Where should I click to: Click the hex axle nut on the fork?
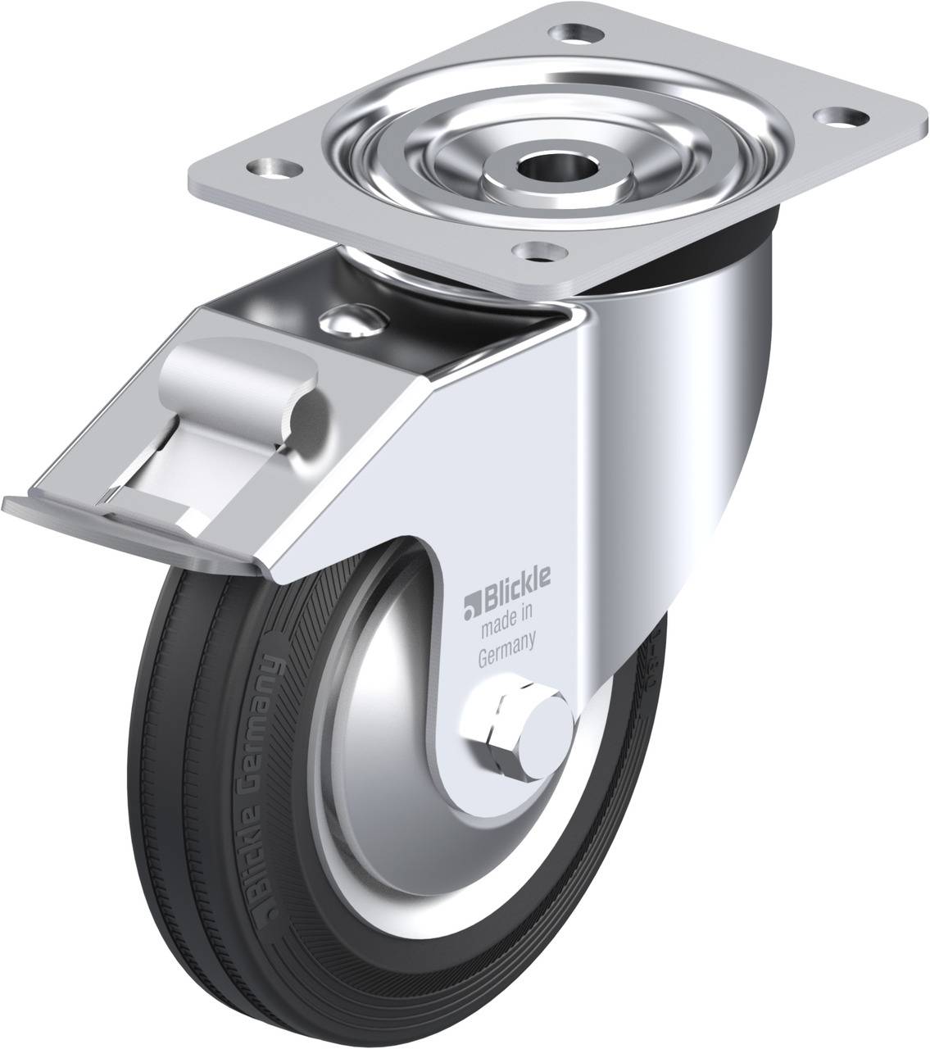[491, 721]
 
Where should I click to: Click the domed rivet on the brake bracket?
[349, 321]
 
